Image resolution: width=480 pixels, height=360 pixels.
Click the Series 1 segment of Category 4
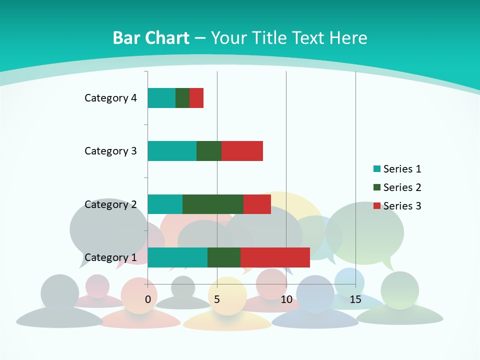coord(161,98)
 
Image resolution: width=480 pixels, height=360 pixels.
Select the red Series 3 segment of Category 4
coord(196,98)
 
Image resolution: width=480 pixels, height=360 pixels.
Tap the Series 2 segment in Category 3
coord(209,151)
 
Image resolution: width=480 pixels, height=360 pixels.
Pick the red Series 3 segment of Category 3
coord(242,151)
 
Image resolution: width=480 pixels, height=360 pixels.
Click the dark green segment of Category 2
coord(213,204)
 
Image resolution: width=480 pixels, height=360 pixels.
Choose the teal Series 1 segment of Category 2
coord(165,204)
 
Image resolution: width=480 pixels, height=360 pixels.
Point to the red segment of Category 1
coord(275,257)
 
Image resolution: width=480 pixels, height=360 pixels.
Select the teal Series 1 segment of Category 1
coord(177,257)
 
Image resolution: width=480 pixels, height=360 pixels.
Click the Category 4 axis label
coord(110,98)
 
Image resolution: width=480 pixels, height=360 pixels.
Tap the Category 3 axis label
coord(110,151)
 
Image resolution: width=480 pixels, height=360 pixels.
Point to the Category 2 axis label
coord(110,204)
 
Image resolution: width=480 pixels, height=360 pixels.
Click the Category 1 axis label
coord(110,257)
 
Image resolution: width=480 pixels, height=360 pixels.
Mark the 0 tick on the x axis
coord(148,299)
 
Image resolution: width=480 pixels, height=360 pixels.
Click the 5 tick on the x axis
coord(217,299)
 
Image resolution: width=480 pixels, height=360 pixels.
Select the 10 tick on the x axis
coord(286,299)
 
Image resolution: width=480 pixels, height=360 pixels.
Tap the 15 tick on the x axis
coord(355,299)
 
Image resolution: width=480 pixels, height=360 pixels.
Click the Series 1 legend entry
coord(397,169)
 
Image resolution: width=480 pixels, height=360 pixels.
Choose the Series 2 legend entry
coord(397,187)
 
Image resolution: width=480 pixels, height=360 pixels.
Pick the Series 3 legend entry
coord(397,206)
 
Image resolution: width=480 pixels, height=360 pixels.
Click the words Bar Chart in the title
coord(151,38)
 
